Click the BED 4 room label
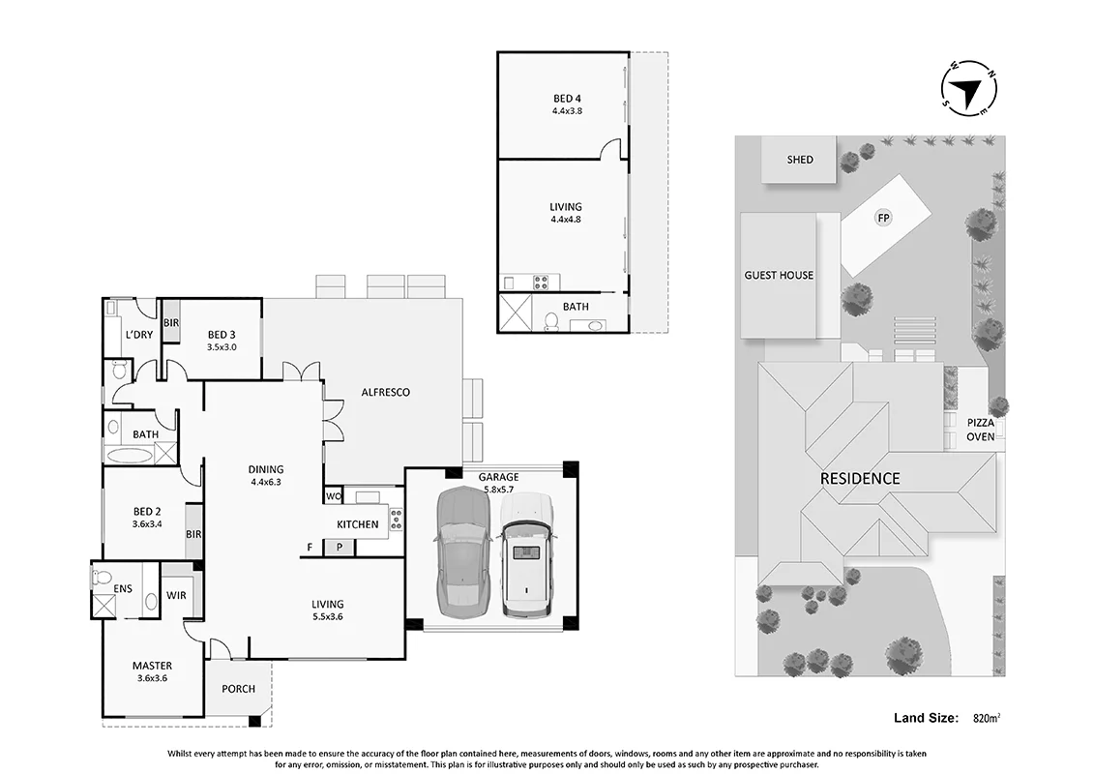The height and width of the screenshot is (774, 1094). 567,99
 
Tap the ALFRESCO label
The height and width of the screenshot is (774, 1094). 385,392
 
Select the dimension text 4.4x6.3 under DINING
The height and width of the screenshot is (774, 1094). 266,482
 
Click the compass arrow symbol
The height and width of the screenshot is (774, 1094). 969,90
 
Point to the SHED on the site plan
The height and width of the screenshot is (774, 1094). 800,160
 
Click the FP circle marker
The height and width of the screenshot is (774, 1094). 883,219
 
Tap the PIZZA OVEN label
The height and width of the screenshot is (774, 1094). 980,430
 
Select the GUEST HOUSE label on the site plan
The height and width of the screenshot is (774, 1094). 779,275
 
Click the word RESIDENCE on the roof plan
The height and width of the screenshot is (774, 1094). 860,479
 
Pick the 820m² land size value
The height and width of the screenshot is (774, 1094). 987,718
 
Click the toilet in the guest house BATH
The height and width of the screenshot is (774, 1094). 551,322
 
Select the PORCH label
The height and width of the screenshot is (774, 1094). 238,689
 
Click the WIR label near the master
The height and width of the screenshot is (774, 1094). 176,595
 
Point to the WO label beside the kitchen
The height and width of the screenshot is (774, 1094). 334,497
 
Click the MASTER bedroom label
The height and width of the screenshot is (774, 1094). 152,666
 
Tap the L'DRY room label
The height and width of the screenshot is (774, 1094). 139,335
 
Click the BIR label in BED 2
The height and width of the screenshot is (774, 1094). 193,534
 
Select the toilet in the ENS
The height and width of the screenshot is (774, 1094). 102,578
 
